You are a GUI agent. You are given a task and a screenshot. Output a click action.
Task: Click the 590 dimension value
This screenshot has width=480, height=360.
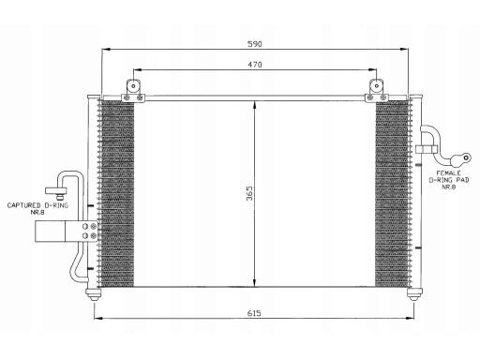tap(255, 44)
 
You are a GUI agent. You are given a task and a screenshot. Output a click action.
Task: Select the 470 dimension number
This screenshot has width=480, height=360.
tap(255, 65)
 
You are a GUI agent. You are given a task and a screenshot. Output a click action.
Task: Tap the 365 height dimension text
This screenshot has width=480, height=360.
tap(249, 193)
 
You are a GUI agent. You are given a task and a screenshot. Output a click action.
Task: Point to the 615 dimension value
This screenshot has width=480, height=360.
tap(254, 313)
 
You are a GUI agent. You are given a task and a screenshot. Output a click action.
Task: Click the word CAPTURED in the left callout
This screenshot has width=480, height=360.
tap(24, 205)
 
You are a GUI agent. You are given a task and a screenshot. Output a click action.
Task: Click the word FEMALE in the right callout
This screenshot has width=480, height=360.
tap(448, 172)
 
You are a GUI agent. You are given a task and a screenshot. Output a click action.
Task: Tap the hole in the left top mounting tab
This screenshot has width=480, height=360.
tap(133, 85)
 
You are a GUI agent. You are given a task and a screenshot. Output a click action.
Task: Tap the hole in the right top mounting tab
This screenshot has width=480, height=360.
tap(377, 85)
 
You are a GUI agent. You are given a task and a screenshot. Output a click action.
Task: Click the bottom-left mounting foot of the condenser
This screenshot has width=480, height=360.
tap(94, 294)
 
